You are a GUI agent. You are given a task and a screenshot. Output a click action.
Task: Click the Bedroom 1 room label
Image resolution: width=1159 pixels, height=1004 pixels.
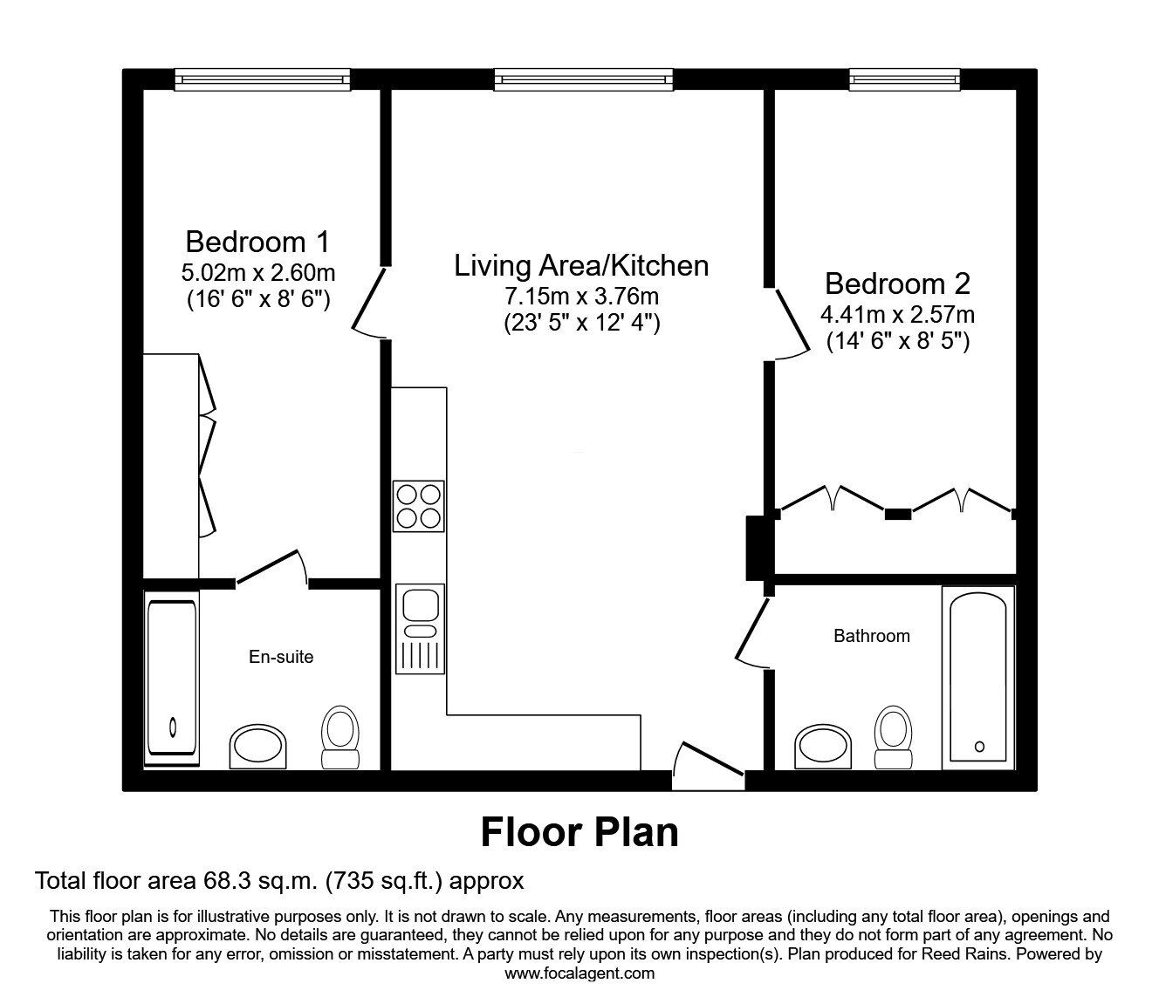point(257,241)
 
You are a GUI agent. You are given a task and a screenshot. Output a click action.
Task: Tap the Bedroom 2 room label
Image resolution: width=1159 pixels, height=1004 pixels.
point(897,283)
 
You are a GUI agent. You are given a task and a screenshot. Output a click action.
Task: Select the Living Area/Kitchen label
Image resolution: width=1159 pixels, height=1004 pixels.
point(580,265)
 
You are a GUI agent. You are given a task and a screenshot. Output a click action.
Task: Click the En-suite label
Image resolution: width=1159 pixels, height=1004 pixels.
point(281,657)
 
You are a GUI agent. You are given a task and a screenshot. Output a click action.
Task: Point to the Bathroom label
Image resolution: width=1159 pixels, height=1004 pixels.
point(871,636)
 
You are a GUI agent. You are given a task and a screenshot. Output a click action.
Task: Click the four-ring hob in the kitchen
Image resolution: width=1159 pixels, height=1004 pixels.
point(418,506)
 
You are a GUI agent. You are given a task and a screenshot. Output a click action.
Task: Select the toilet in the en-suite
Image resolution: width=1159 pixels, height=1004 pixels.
point(340,737)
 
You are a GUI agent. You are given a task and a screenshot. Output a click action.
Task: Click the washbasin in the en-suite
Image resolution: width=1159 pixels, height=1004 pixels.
point(257,747)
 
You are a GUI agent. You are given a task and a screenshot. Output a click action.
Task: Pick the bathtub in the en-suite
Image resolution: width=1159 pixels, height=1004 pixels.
point(171,678)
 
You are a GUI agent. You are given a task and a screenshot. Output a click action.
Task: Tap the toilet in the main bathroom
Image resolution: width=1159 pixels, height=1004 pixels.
point(892,737)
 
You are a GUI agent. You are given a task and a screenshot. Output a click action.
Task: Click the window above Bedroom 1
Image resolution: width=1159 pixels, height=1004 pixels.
point(262,79)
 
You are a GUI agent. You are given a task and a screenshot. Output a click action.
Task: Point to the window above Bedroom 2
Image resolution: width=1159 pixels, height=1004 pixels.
point(905,79)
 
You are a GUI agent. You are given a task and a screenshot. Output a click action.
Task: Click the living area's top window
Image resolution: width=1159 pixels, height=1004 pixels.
point(584,79)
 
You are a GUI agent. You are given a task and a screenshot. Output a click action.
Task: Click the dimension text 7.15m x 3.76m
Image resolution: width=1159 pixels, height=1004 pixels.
point(580,295)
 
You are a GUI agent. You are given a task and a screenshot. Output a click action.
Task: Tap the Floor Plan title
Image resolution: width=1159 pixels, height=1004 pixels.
point(579,831)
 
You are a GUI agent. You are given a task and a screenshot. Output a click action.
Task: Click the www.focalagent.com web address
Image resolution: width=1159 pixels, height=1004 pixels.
point(579,973)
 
